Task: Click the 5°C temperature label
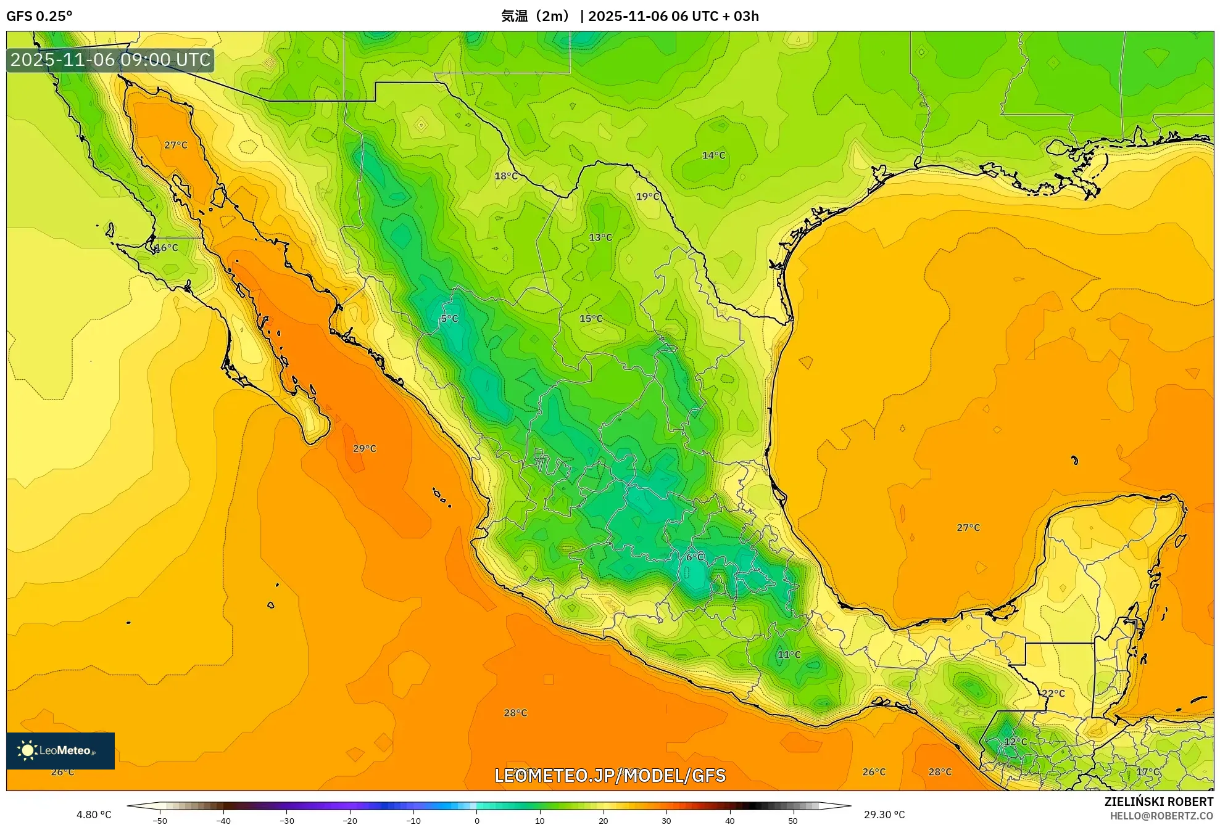tap(449, 319)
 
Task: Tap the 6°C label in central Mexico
tap(695, 557)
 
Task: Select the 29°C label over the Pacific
tap(364, 449)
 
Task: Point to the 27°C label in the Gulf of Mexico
tap(968, 528)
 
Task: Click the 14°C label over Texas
tap(713, 155)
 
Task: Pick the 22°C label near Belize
tap(1053, 694)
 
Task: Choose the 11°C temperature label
tap(789, 655)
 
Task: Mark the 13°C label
tap(600, 237)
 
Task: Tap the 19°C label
tap(647, 197)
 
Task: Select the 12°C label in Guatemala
tap(1015, 742)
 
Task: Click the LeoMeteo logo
tap(60, 750)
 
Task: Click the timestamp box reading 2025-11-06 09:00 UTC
tap(110, 60)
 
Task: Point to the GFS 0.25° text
tap(39, 16)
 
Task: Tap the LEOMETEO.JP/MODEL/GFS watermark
tap(610, 776)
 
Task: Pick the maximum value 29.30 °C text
tap(884, 815)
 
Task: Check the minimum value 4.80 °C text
tap(94, 815)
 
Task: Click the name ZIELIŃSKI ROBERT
tap(1158, 802)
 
